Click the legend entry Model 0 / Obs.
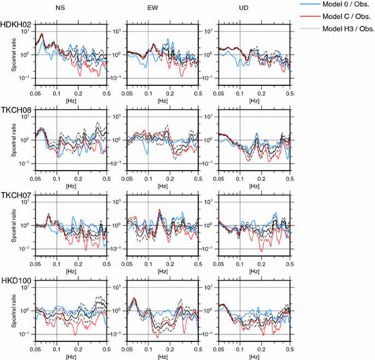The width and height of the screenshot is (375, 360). (349, 5)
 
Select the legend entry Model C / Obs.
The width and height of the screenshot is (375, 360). (349, 16)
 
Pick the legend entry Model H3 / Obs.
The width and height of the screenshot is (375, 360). (349, 28)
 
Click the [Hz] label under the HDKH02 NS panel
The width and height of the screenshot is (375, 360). (71, 101)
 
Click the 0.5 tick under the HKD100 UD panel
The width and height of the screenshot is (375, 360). (289, 349)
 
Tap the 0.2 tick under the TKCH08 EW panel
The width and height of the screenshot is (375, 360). (170, 178)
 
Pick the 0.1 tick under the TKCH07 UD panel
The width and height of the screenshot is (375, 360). (239, 263)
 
